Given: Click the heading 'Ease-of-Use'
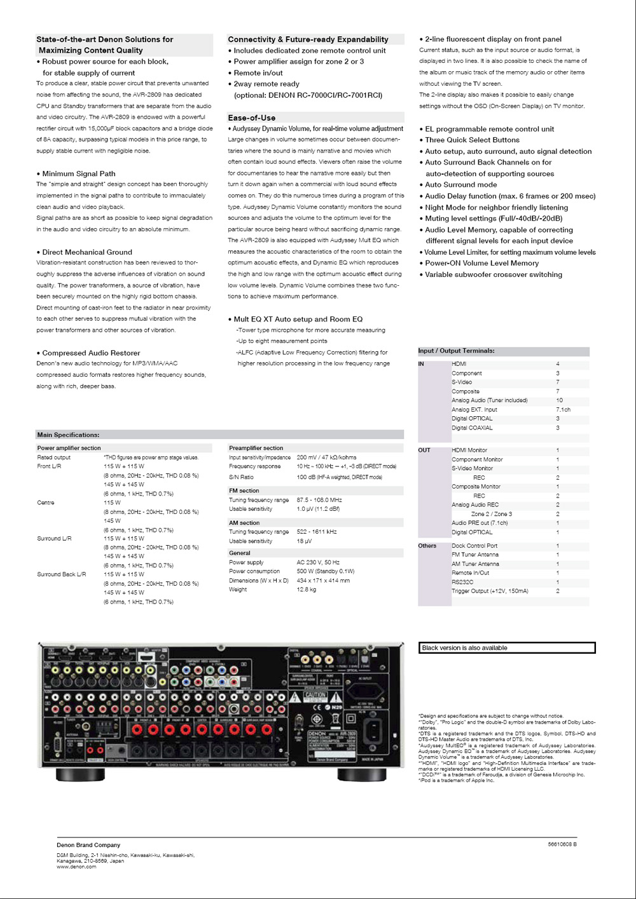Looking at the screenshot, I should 252,118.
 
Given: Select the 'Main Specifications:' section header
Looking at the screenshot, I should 68,435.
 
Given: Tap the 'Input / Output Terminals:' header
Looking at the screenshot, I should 456,351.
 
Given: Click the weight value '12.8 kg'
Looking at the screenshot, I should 306,590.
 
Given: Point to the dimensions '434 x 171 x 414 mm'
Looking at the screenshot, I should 323,581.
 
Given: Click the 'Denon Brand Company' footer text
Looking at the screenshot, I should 88,845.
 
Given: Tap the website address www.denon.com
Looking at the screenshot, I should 76,867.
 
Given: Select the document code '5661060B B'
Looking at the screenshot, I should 562,844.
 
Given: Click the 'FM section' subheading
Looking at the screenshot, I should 244,491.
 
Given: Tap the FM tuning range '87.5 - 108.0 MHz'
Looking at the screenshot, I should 319,500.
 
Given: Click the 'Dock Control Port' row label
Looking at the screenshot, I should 474,546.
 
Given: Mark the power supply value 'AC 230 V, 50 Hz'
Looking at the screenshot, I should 318,562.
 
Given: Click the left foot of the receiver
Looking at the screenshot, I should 80,775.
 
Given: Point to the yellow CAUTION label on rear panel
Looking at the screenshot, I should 316,696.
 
